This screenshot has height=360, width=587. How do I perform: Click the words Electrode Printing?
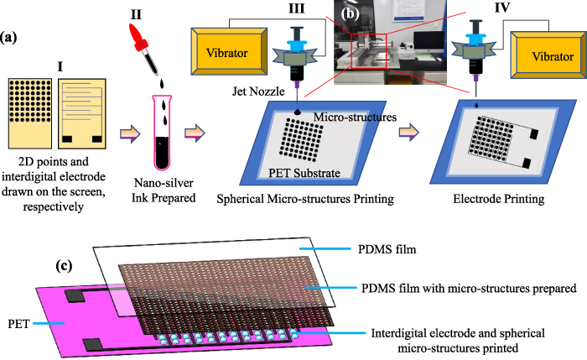point(500,201)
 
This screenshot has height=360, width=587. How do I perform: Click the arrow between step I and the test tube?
point(130,132)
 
